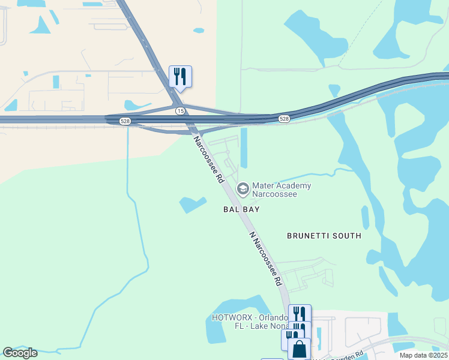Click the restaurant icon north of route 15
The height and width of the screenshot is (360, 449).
click(x=180, y=76)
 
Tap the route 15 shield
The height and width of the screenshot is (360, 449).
click(x=180, y=111)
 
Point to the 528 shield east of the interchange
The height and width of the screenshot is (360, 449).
click(x=284, y=119)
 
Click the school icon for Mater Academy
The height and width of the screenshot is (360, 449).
click(x=243, y=190)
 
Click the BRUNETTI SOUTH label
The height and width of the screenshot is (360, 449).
click(x=324, y=236)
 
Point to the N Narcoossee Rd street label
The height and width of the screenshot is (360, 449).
click(x=265, y=259)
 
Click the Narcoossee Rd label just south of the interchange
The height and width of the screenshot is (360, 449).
click(x=208, y=159)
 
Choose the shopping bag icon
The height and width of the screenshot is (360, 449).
click(x=299, y=349)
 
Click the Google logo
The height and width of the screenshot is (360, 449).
click(x=20, y=353)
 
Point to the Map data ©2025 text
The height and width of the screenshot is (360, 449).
click(x=423, y=355)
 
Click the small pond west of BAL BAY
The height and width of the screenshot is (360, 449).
click(x=192, y=205)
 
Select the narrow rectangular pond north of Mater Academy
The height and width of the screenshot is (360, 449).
click(x=244, y=148)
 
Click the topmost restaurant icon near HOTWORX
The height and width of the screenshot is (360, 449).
click(x=300, y=314)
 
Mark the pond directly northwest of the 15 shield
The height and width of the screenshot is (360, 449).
click(x=139, y=105)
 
